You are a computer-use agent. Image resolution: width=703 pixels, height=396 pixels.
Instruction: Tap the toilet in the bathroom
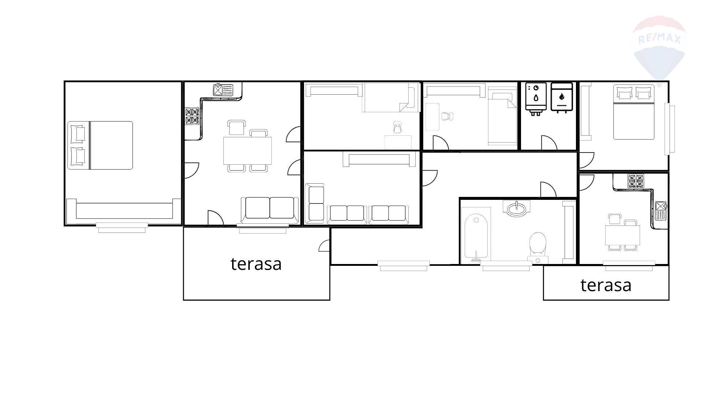(x=538, y=247)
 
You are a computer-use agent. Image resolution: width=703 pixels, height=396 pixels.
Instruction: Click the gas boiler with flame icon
(x=562, y=97)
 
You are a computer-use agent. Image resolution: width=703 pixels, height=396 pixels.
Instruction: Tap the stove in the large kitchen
(x=192, y=116)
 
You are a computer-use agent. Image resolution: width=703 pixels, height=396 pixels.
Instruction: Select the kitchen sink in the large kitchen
(x=223, y=90)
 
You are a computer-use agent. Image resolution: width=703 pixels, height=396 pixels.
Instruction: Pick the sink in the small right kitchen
(x=661, y=210)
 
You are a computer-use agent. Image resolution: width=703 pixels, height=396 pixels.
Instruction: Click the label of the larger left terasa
(x=256, y=264)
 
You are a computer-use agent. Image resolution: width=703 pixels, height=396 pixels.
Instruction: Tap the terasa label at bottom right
(x=606, y=285)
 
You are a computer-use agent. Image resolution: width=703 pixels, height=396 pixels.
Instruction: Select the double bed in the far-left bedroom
(x=100, y=146)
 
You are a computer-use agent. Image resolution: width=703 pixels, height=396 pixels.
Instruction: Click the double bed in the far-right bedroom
(x=634, y=112)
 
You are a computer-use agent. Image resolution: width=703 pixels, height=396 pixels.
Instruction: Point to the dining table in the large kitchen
(x=248, y=151)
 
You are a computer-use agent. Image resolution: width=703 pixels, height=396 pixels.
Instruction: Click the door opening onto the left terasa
(x=324, y=246)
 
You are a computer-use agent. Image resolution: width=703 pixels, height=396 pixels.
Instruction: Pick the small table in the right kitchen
(x=622, y=236)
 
